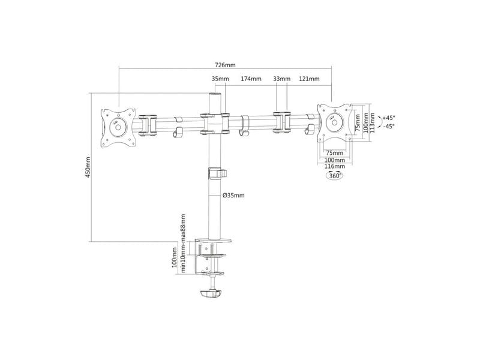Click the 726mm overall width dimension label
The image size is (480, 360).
click(x=225, y=65)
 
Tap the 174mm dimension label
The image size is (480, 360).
click(x=251, y=79)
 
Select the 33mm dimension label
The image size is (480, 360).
click(x=281, y=79)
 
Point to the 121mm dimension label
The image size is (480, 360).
click(x=309, y=79)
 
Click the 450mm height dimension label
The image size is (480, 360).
click(x=88, y=167)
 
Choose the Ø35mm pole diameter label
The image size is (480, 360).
click(x=233, y=196)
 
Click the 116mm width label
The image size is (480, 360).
click(x=335, y=166)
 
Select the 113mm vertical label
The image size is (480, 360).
click(x=372, y=123)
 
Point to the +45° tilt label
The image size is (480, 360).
click(x=388, y=118)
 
